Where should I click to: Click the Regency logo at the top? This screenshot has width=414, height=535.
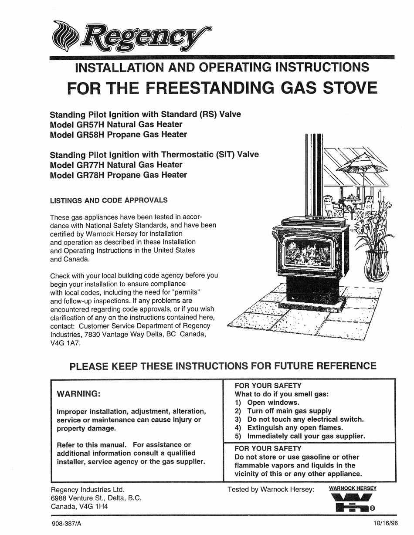[x=131, y=37]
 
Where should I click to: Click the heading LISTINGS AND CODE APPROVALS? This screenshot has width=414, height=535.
[x=109, y=200]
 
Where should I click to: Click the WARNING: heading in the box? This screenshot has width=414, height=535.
[x=79, y=394]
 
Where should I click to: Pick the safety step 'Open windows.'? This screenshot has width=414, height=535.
[x=273, y=403]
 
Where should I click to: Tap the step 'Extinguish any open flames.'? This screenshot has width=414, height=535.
[x=295, y=427]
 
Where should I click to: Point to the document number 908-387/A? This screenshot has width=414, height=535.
[x=66, y=524]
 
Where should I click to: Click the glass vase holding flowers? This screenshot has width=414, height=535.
[x=376, y=266]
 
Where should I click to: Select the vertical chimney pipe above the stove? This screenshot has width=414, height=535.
[x=314, y=174]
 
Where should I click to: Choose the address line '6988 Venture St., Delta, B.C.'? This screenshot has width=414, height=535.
[x=96, y=498]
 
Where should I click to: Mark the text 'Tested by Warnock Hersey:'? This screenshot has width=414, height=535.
[x=271, y=489]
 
